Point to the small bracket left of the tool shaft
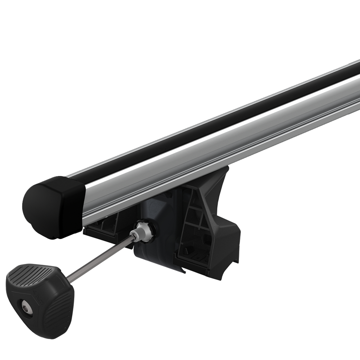(x=104, y=229)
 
